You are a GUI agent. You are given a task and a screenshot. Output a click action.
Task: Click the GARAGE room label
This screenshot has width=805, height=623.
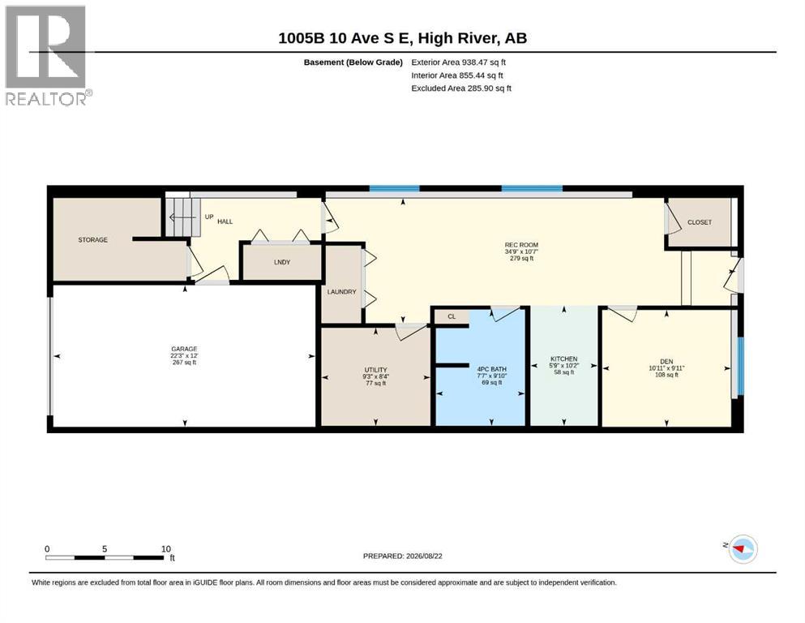point(184,349)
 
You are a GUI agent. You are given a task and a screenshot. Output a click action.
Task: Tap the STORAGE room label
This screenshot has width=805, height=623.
point(93,240)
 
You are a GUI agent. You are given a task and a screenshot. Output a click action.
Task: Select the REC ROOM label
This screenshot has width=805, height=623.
point(521,245)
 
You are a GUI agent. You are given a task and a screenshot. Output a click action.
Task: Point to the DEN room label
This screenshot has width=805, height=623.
point(666,362)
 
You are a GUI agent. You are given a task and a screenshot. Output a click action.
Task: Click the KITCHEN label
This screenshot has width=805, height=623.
point(563,359)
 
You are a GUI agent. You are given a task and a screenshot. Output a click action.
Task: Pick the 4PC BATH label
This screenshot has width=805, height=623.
point(492,369)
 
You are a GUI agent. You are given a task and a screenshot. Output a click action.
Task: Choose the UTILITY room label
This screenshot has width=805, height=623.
point(376,370)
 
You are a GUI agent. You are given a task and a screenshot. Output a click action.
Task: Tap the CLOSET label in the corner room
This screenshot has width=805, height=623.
point(700,222)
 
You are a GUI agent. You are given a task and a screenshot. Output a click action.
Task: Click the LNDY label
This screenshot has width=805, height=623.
point(282,263)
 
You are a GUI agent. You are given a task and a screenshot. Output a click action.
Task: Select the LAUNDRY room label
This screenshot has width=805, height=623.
point(342,292)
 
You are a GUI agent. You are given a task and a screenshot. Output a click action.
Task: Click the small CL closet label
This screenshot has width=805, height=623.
point(452,316)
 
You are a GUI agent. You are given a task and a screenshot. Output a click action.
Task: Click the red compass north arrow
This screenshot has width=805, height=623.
point(741,549)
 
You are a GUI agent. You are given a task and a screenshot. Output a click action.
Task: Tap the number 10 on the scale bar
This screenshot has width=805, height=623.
point(166,549)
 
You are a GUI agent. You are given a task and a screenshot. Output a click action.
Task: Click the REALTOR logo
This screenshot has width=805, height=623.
point(49,55)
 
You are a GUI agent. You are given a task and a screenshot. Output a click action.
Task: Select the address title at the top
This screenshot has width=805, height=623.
point(402,38)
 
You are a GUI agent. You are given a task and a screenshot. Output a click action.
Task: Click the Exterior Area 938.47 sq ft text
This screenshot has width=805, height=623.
point(459,62)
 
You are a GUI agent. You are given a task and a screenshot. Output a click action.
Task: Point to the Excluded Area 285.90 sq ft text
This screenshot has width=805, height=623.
point(461,88)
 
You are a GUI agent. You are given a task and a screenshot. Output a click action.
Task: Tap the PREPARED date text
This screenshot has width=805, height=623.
point(402,556)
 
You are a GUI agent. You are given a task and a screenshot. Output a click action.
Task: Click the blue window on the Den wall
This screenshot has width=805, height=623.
point(740,366)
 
